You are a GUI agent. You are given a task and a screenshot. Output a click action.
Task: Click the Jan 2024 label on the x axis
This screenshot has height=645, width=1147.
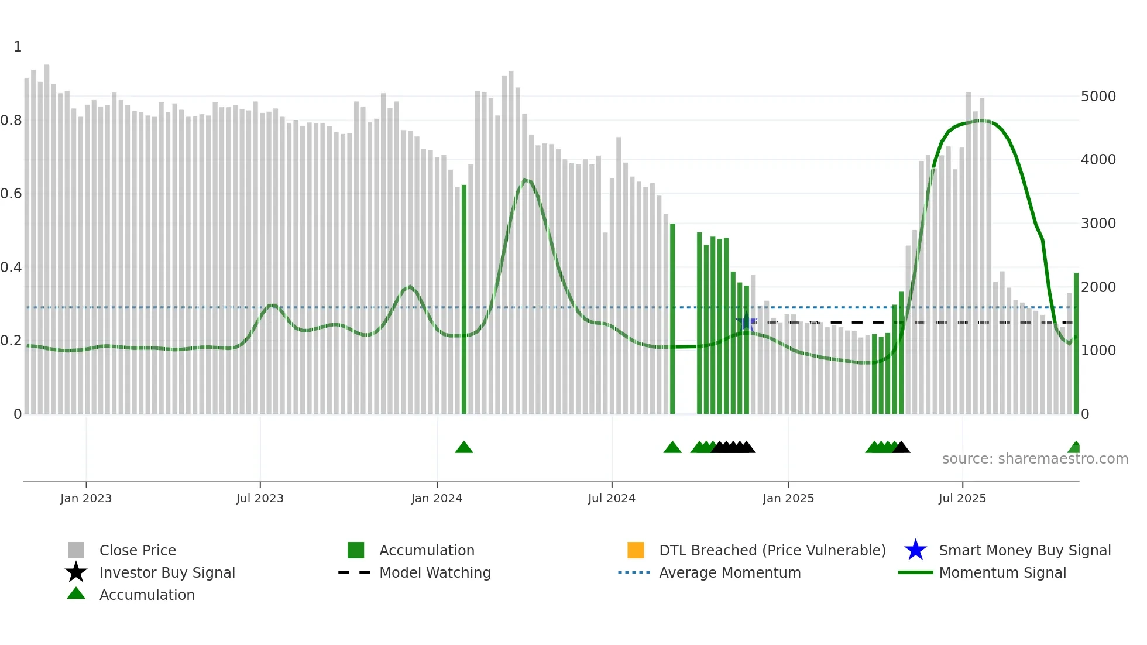[x=437, y=498]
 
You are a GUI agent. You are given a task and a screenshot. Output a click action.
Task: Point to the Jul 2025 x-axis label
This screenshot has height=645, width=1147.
[x=962, y=498]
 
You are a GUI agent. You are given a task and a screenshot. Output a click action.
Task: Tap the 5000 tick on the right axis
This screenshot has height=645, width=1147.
[x=1098, y=96]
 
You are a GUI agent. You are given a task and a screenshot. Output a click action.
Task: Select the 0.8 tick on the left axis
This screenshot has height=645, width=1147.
[x=12, y=121]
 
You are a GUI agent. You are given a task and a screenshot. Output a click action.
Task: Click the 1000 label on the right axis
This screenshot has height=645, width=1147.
[x=1098, y=350]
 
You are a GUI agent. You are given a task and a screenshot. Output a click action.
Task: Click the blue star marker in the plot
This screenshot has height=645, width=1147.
[x=746, y=322]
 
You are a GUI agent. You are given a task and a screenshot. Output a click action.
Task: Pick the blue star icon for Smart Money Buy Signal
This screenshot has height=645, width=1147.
[x=915, y=550]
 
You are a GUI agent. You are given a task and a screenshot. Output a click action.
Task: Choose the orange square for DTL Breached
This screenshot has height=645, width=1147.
[x=636, y=550]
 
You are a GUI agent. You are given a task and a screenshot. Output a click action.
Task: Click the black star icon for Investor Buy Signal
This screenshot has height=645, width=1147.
[x=76, y=572]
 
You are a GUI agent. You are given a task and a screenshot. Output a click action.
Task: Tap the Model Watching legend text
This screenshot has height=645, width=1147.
[x=435, y=572]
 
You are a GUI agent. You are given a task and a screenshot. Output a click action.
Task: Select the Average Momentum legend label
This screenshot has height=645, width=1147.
[x=730, y=572]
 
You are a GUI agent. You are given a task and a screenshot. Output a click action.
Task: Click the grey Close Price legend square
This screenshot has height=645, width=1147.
[x=76, y=550]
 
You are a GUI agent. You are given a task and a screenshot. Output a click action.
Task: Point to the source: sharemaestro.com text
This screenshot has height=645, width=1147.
[x=1035, y=458]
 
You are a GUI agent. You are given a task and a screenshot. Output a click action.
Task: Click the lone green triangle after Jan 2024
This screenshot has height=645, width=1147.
[x=464, y=448]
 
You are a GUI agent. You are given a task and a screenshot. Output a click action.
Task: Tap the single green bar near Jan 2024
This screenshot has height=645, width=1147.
[x=464, y=299]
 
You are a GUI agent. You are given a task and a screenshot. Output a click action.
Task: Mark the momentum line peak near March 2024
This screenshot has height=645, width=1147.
[x=526, y=180]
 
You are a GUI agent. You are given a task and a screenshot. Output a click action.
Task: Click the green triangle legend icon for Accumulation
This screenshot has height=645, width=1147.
[x=76, y=593]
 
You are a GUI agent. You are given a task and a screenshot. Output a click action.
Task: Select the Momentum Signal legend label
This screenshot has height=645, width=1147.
[x=1002, y=572]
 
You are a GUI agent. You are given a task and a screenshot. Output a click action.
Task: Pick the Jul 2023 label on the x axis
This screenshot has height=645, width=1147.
[x=260, y=498]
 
